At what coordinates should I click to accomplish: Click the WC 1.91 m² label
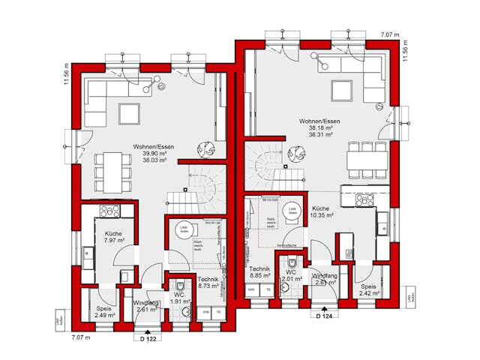(x=179, y=298)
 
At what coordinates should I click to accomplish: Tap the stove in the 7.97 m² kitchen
(x=109, y=211)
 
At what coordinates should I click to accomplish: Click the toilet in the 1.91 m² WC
(x=180, y=286)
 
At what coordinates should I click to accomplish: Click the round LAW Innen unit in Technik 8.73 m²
(x=183, y=231)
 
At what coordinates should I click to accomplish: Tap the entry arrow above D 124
(x=323, y=307)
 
